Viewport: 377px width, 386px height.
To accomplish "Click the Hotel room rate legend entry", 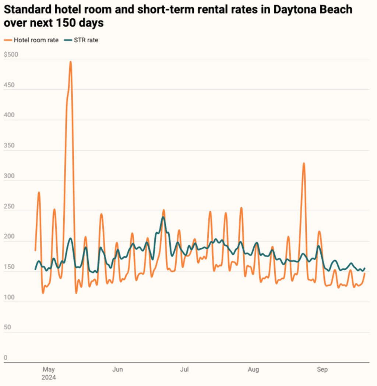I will click(x=36, y=40).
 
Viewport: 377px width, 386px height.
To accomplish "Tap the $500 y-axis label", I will click(x=11, y=55).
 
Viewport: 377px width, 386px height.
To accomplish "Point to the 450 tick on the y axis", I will click(x=9, y=85).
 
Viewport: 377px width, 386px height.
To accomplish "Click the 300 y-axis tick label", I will click(x=9, y=176).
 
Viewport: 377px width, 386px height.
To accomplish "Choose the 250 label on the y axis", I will click(x=9, y=207).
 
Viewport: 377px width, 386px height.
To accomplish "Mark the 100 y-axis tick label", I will click(x=9, y=297).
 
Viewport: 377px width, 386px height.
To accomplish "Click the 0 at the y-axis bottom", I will click(x=6, y=358).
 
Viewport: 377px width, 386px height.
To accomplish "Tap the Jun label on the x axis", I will click(x=117, y=369).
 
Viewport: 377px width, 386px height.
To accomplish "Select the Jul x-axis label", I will click(x=184, y=369).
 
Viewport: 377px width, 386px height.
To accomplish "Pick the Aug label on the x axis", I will click(x=253, y=369).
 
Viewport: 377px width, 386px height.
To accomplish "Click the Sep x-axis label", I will click(x=322, y=369).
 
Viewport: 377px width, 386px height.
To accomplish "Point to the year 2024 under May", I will click(x=49, y=378).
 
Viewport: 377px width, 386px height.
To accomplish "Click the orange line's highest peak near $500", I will click(x=70, y=62).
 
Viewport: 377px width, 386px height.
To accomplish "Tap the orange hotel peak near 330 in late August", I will click(x=304, y=163).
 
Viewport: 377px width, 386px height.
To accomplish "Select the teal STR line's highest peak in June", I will click(x=163, y=217).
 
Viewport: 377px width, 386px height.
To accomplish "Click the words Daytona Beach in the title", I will click(x=313, y=10).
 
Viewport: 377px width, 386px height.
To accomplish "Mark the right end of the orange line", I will click(x=364, y=274).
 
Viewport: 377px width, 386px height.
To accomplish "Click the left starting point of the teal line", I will click(x=35, y=269).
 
